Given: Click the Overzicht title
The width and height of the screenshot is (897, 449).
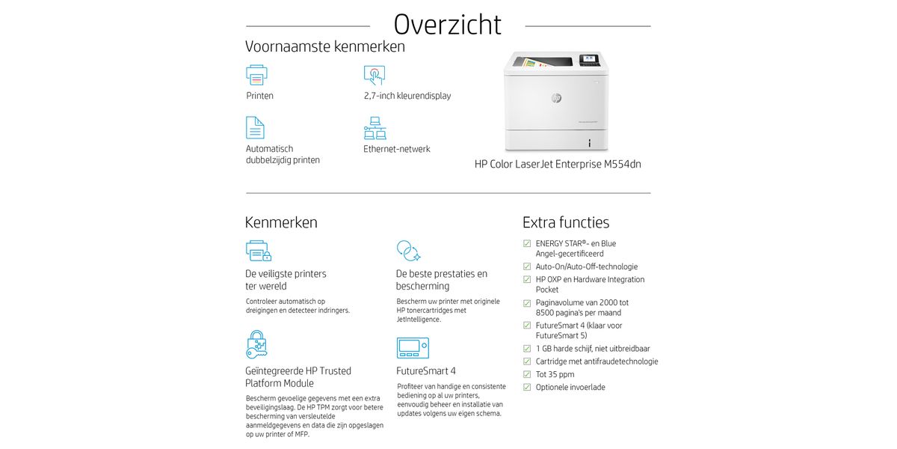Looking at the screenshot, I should pos(447,24).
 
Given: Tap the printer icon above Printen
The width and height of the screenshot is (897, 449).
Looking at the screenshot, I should pos(256,75).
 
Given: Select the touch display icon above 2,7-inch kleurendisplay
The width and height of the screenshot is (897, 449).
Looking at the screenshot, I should pos(374,75).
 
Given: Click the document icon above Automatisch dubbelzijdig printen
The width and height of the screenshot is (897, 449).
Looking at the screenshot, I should pos(255,127).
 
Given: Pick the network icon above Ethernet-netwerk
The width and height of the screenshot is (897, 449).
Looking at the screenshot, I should pos(374,128).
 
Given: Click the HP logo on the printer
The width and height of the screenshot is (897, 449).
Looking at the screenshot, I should pos(556,98).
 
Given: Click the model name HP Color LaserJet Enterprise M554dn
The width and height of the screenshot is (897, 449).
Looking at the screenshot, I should pos(558,164).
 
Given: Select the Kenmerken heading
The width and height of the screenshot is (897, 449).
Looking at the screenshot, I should pos(281,222).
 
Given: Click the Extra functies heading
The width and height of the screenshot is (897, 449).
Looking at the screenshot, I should pos(566,222).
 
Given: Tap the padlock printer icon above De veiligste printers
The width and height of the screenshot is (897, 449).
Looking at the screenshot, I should pos(258,251).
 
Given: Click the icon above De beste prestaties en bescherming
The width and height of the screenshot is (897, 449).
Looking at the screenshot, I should pos(408,251).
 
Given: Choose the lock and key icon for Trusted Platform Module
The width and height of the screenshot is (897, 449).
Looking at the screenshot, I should pos(256,344).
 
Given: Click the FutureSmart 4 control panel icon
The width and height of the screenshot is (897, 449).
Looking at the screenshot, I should pos(412,347).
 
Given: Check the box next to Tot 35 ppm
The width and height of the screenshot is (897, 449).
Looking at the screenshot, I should pos(527,374).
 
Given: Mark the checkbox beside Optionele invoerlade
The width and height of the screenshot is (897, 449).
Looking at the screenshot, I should pos(527,387).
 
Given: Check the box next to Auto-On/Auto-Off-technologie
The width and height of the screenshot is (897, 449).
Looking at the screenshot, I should pos(527,266).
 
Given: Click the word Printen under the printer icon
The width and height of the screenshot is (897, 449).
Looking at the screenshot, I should pos(259,96).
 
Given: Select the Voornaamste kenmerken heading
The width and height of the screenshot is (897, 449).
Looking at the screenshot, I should pos(325,46).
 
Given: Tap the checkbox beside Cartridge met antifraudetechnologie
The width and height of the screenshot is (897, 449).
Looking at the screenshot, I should pos(527,361).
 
